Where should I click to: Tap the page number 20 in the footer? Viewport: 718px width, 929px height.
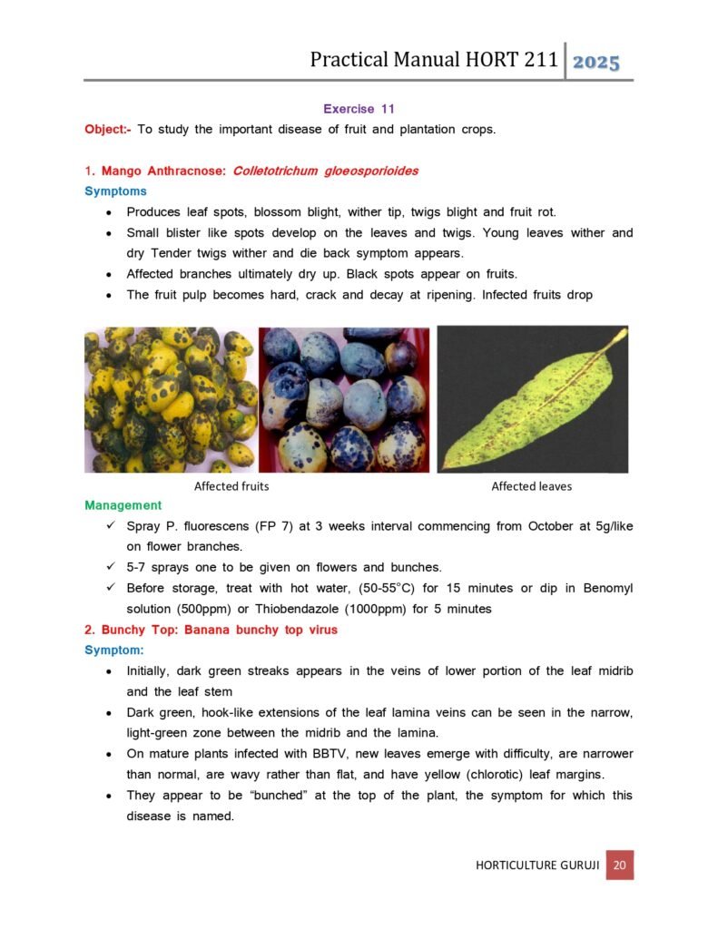619,865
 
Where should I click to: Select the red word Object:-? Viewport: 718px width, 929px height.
108,129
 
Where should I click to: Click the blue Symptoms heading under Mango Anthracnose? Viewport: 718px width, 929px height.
115,191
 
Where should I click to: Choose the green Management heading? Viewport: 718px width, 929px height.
123,505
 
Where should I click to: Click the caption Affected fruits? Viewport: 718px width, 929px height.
231,486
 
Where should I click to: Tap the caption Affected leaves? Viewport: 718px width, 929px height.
531,486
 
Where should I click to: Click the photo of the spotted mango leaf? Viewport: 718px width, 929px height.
533,399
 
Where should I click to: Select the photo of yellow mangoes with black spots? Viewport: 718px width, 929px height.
171,399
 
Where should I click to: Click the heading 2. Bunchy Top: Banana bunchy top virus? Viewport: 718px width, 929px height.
211,631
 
